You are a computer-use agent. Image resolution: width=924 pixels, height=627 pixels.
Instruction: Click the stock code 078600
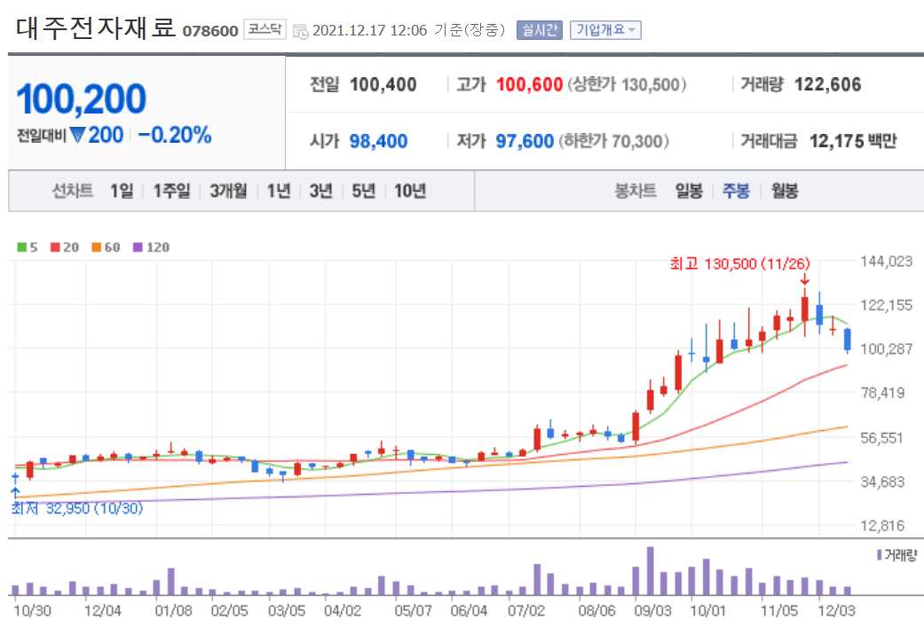pyautogui.click(x=210, y=31)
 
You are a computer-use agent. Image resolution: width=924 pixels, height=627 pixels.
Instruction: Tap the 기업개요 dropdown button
pyautogui.click(x=605, y=30)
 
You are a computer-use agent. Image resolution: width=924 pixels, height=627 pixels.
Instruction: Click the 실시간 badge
pyautogui.click(x=540, y=30)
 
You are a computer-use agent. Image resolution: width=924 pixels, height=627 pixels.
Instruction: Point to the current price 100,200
pyautogui.click(x=81, y=99)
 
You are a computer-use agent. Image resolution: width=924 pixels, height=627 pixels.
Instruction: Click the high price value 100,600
pyautogui.click(x=529, y=85)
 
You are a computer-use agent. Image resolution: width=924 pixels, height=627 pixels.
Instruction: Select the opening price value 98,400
pyautogui.click(x=379, y=141)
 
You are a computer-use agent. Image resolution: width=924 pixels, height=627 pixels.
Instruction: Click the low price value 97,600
pyautogui.click(x=525, y=141)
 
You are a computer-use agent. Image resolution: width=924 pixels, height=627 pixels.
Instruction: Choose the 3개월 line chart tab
pyautogui.click(x=228, y=191)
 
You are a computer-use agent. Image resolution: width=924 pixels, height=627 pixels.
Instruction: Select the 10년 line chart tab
pyautogui.click(x=410, y=191)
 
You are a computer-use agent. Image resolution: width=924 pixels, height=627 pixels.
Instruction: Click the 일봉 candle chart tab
pyautogui.click(x=689, y=191)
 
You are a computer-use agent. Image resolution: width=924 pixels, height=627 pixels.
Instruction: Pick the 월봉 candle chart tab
pyautogui.click(x=784, y=191)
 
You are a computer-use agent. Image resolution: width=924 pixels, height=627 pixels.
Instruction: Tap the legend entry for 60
pyautogui.click(x=106, y=247)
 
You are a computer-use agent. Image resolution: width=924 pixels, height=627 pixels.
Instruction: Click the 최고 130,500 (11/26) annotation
pyautogui.click(x=739, y=263)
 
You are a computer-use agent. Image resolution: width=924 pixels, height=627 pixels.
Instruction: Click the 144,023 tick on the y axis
pyautogui.click(x=887, y=261)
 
